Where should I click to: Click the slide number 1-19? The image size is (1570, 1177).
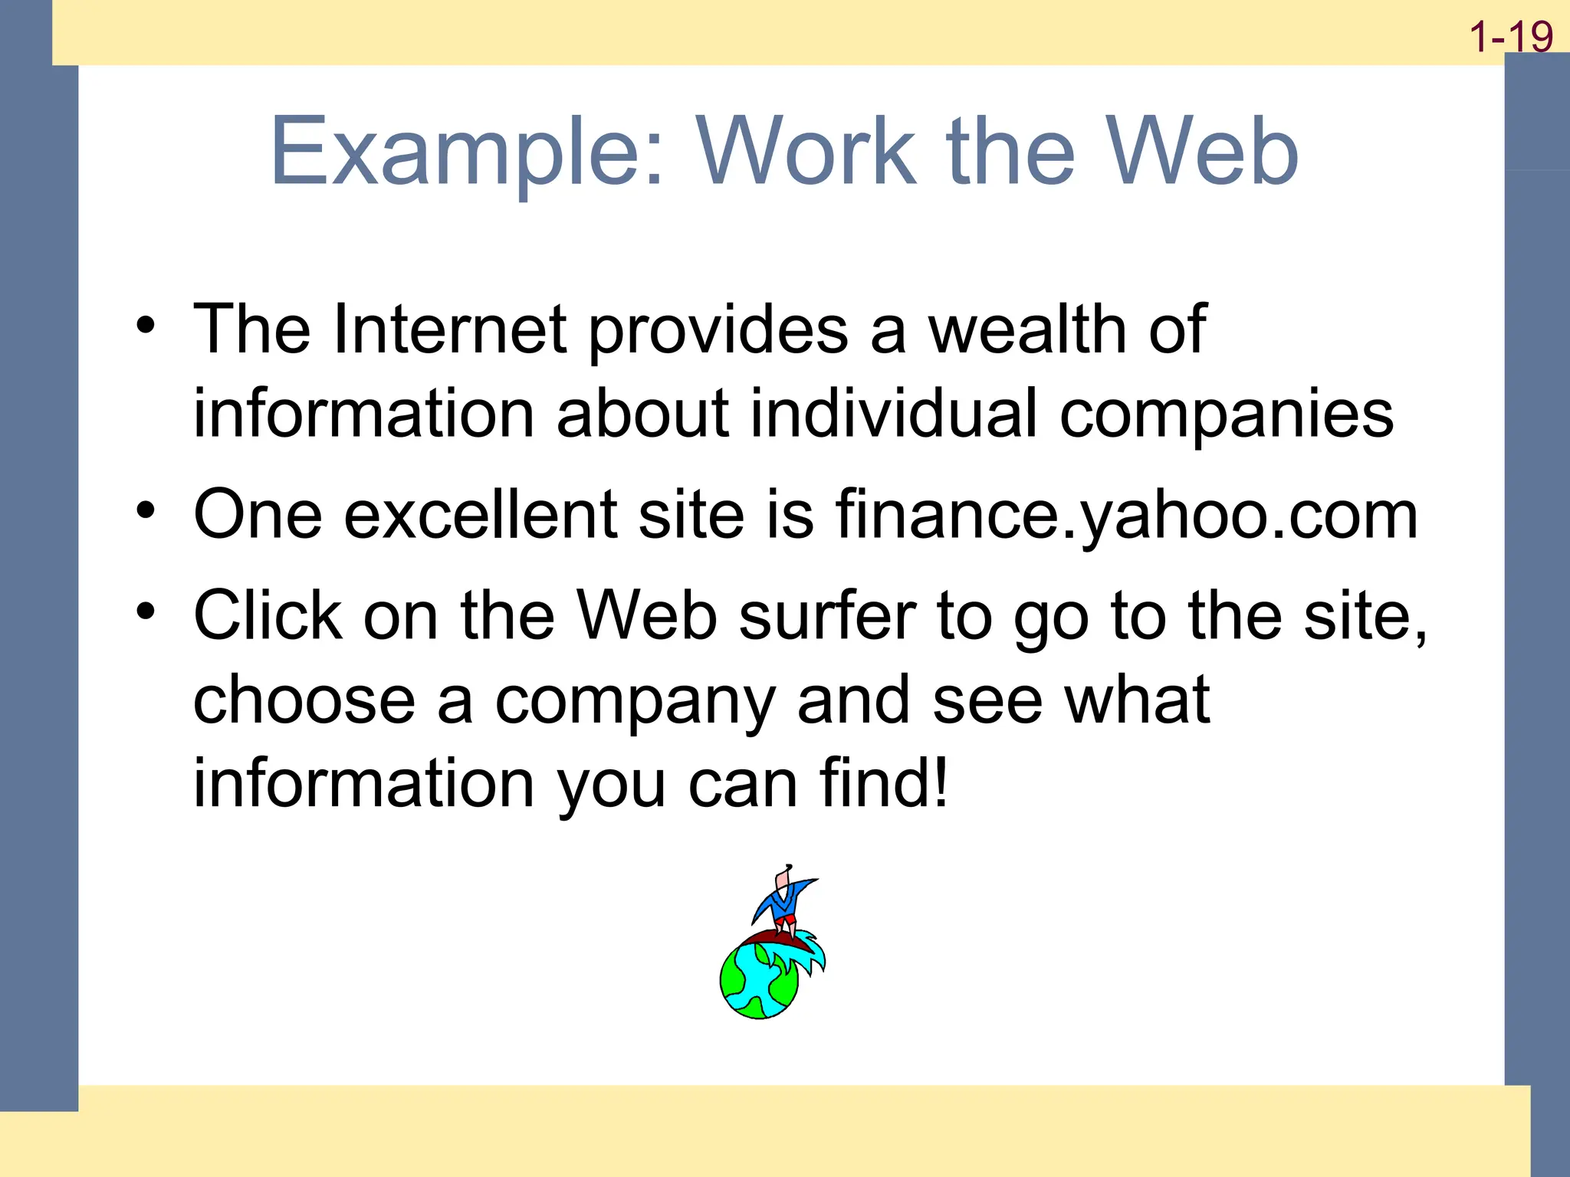pyautogui.click(x=1510, y=37)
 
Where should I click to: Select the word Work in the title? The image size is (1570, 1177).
pyautogui.click(x=805, y=152)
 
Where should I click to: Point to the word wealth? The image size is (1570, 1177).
pyautogui.click(x=1027, y=329)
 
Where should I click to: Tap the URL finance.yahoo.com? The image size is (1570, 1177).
pyautogui.click(x=1126, y=516)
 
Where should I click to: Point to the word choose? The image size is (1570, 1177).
pyautogui.click(x=304, y=700)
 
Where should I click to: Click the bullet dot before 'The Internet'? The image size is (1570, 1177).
pyautogui.click(x=146, y=326)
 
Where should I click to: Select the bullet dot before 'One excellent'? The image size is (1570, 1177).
pyautogui.click(x=146, y=510)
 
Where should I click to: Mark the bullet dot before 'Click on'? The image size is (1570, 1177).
pyautogui.click(x=146, y=611)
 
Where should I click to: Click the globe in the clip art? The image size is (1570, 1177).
pyautogui.click(x=759, y=981)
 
